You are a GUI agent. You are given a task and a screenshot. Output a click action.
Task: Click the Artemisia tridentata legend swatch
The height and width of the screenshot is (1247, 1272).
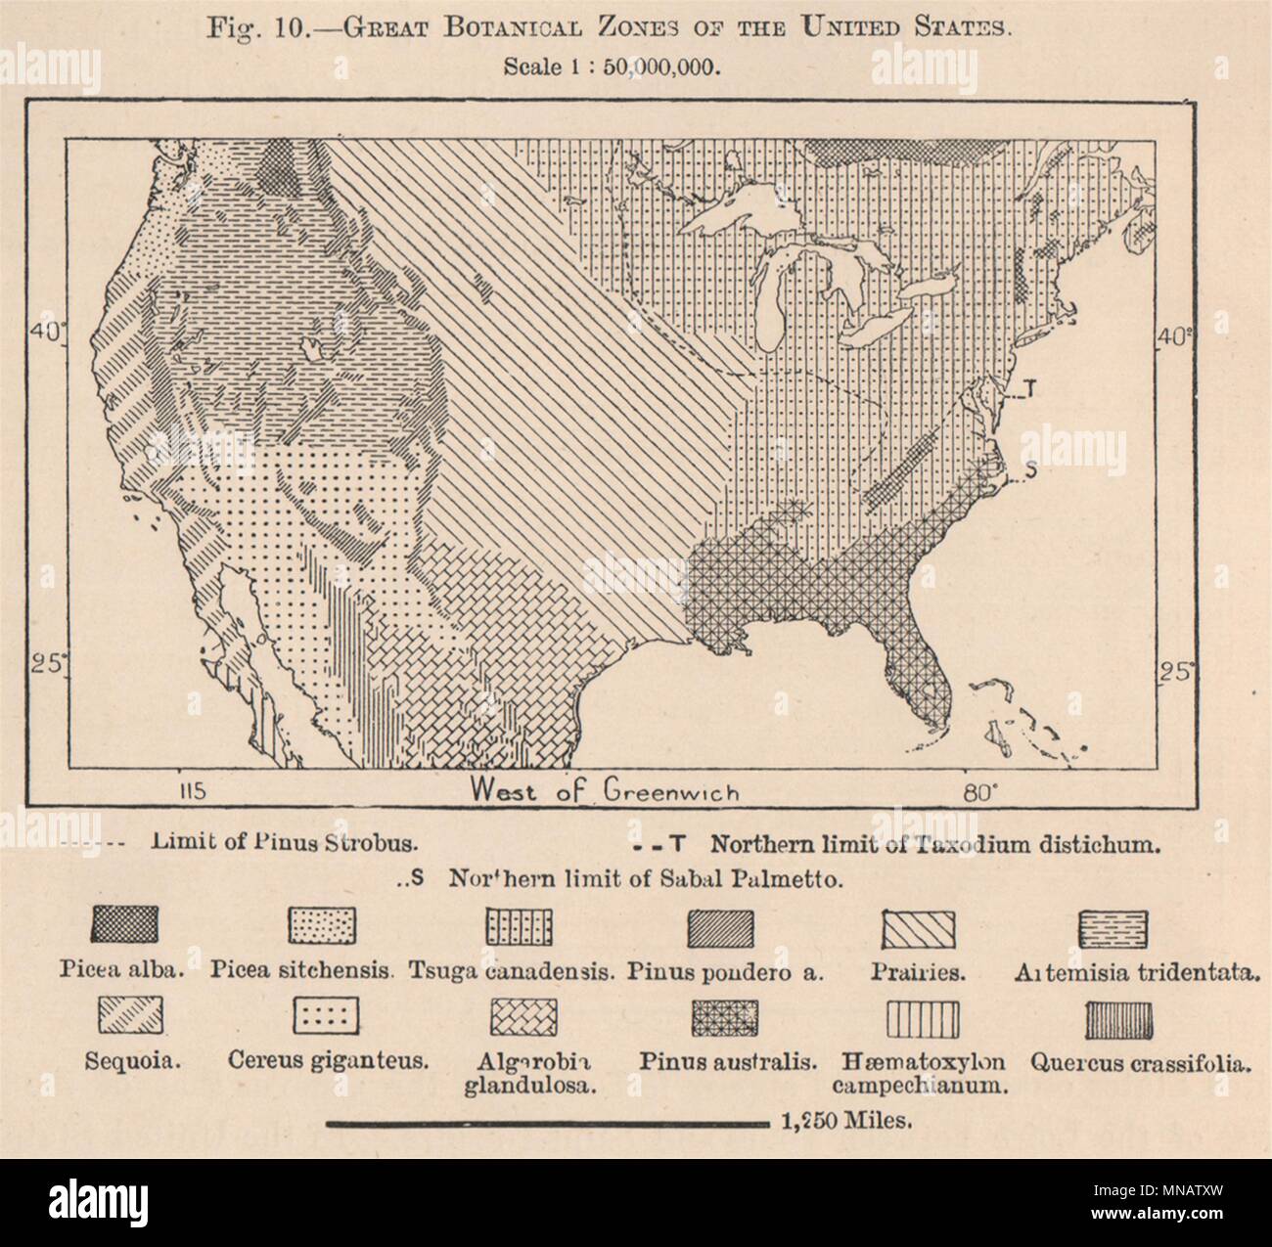pyautogui.click(x=1113, y=926)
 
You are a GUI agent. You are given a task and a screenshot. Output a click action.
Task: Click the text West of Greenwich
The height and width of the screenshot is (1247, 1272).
pyautogui.click(x=605, y=790)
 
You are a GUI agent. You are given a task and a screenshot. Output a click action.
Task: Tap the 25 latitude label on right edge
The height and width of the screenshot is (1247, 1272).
pyautogui.click(x=1175, y=673)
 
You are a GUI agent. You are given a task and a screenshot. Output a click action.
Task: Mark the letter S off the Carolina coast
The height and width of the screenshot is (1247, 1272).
pyautogui.click(x=1029, y=473)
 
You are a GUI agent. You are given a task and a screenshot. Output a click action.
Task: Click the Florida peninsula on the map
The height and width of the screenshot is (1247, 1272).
pyautogui.click(x=912, y=685)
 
